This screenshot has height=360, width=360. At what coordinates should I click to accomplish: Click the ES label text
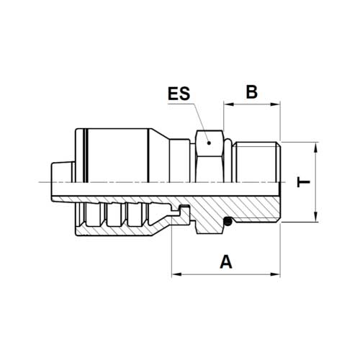(x=179, y=94)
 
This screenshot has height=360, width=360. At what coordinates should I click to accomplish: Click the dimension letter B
(x=252, y=91)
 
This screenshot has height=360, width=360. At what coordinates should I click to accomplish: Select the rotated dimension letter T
(x=303, y=182)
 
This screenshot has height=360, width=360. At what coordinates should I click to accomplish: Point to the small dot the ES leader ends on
(x=209, y=143)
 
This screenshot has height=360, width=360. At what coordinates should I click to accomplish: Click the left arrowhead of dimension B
(x=229, y=104)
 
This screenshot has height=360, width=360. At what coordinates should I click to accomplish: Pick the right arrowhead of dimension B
(x=275, y=104)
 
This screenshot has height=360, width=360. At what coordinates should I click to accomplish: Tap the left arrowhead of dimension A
(x=176, y=274)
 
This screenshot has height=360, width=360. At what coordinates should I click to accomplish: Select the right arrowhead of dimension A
(x=275, y=274)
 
